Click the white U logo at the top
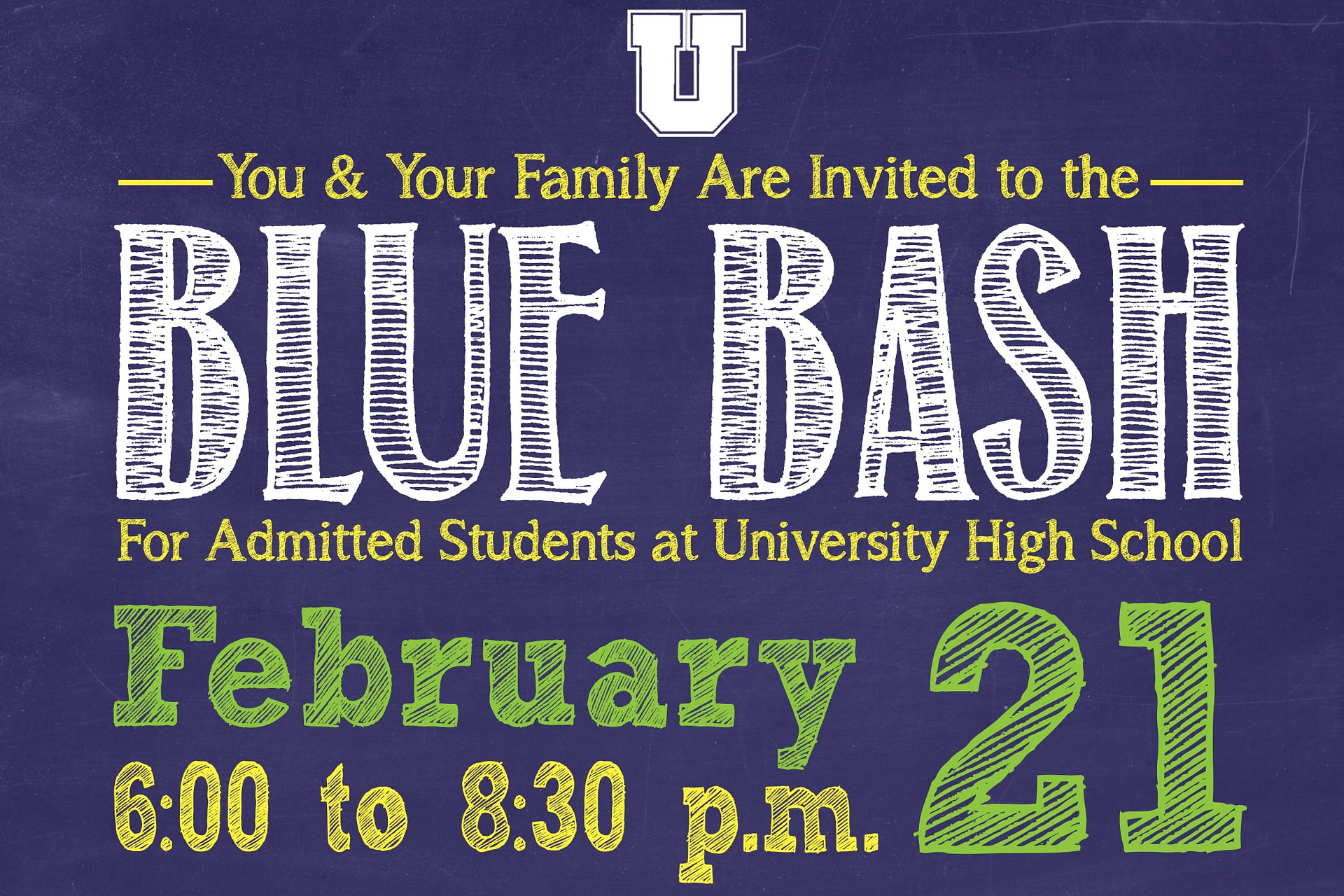tap(686, 73)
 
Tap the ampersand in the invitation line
tap(346, 176)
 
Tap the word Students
tap(538, 540)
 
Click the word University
tap(831, 543)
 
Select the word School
tap(1167, 540)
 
